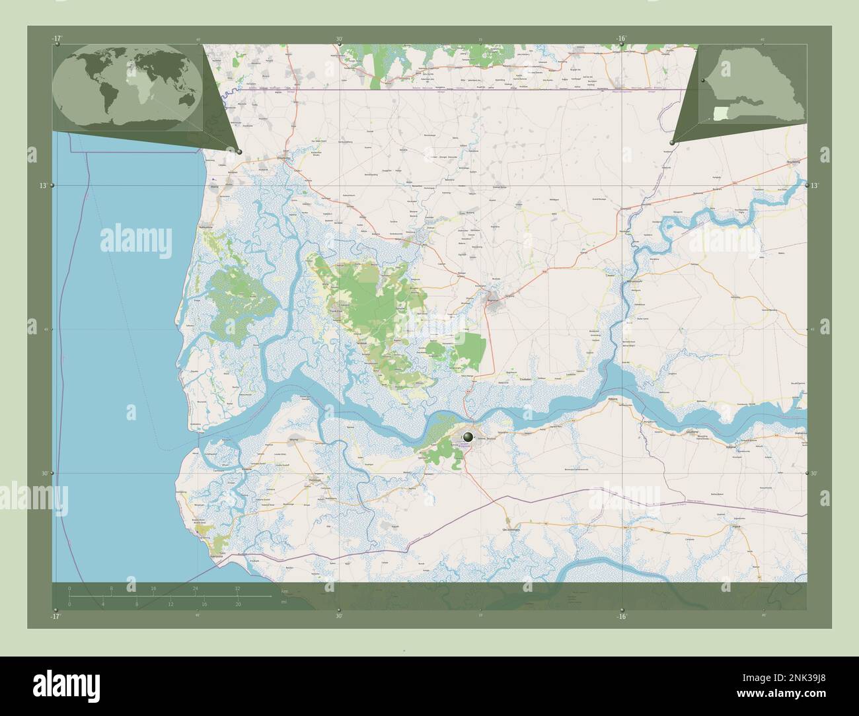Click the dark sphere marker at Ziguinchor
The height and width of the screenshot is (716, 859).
pos(468,437)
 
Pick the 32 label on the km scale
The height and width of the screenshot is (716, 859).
pos(237,588)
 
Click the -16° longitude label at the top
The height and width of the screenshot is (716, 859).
pos(620,39)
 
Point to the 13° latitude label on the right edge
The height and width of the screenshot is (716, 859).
pos(814,186)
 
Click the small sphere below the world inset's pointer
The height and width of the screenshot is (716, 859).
pos(239,152)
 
